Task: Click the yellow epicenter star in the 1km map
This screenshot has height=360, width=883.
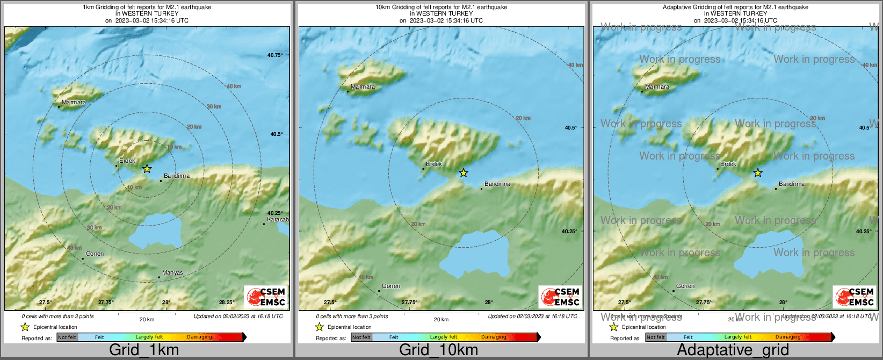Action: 147,169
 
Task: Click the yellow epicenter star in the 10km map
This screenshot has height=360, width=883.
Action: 463,173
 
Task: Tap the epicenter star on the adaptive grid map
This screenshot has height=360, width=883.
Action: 757,173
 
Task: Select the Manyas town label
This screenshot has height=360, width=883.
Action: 172,273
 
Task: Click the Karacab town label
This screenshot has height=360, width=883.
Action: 278,220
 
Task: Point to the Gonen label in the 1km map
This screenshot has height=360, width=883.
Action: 95,254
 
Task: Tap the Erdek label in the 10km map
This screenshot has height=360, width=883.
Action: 434,164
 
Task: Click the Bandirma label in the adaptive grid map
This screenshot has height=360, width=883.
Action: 792,184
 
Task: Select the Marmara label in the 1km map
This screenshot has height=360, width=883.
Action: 74,102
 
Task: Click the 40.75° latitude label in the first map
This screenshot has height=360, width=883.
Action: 275,55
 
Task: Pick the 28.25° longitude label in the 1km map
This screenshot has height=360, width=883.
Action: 227,303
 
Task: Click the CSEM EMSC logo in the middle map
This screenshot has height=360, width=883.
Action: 560,297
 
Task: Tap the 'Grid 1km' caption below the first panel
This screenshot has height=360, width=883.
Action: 144,350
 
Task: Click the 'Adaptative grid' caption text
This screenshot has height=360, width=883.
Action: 733,350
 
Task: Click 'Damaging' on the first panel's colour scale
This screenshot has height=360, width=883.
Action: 199,337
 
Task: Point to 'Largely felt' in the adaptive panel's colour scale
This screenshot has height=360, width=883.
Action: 737,337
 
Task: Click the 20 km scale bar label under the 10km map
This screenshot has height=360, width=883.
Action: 441,319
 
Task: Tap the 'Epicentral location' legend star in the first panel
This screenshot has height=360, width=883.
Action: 25,327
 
